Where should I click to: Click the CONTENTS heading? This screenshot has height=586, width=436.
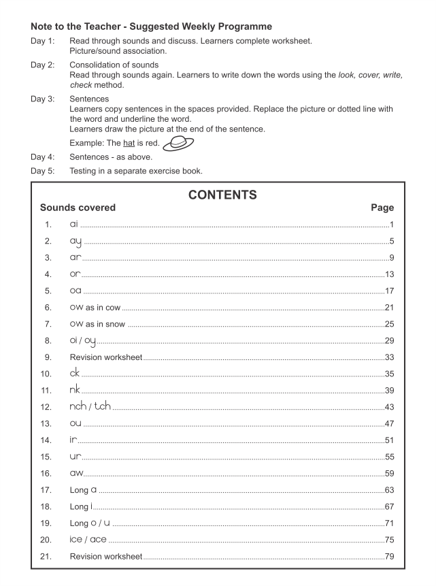click(x=222, y=195)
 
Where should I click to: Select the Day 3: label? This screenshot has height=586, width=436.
click(x=43, y=99)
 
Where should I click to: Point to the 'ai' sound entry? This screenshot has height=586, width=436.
click(x=74, y=224)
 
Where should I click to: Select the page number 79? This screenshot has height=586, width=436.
click(x=388, y=557)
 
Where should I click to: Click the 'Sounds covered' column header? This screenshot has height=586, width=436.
click(x=78, y=208)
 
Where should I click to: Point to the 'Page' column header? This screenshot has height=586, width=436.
click(x=382, y=208)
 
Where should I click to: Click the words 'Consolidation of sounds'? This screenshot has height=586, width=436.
click(x=114, y=65)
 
